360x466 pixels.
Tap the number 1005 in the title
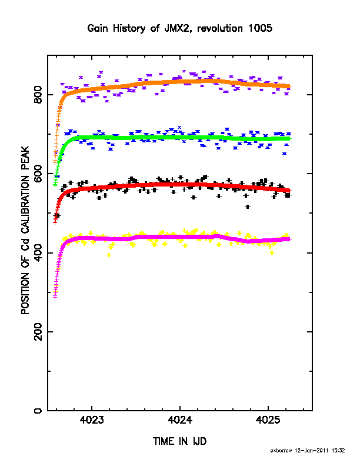(260, 28)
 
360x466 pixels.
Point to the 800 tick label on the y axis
(38, 95)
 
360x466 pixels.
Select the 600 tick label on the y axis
(38, 174)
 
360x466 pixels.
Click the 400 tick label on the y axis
(38, 252)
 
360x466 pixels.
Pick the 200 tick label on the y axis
(38, 332)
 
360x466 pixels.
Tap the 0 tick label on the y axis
(38, 411)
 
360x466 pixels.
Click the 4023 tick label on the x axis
(92, 420)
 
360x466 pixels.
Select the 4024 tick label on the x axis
(179, 420)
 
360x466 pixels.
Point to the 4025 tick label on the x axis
(268, 420)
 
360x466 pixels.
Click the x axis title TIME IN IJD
(179, 441)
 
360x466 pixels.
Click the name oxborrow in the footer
(281, 451)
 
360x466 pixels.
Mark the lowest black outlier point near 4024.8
(248, 207)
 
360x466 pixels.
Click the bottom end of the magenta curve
(55, 297)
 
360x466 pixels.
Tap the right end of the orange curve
(289, 86)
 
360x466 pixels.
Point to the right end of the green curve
(289, 139)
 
